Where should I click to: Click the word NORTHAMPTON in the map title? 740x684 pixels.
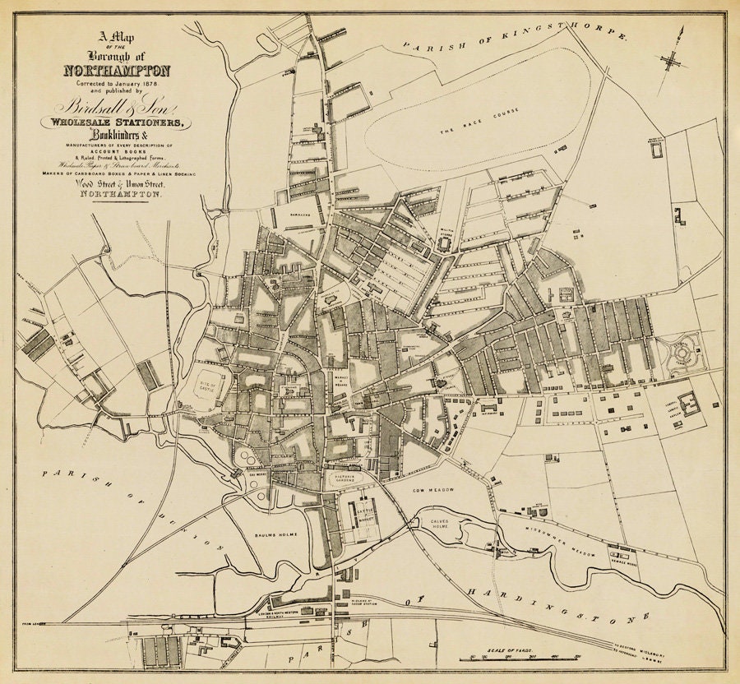coord(116,70)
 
